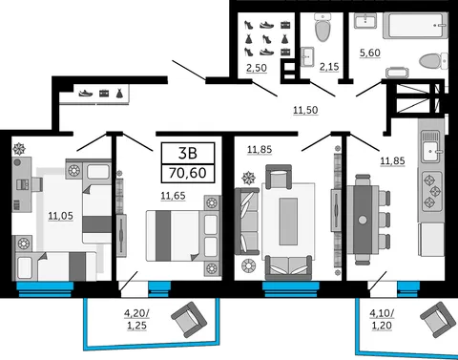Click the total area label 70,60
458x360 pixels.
[x=188, y=173]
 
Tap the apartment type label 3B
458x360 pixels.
[x=188, y=153]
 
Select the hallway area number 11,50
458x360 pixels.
[x=305, y=110]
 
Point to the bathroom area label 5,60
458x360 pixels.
[x=370, y=53]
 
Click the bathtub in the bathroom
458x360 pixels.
[x=415, y=26]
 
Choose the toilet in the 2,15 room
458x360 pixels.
[x=323, y=27]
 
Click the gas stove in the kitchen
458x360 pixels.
[x=432, y=191]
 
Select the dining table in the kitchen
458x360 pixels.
[x=363, y=220]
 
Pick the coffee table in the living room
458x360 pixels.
[x=288, y=222]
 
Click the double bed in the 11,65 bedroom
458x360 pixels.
[x=183, y=236]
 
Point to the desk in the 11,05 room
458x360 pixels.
[x=22, y=184]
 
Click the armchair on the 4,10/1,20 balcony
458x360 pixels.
[x=438, y=319]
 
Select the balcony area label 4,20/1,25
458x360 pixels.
[x=136, y=319]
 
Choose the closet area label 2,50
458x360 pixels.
[x=257, y=68]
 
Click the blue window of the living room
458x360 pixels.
[x=291, y=289]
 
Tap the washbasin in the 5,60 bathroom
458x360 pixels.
[x=365, y=20]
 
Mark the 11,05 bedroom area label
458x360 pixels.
[x=60, y=216]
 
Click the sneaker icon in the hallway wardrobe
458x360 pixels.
[x=86, y=94]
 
